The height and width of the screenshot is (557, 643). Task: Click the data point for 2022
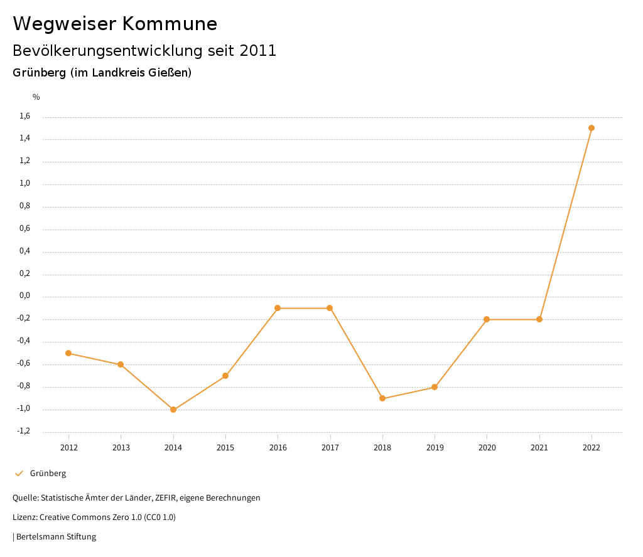point(592,128)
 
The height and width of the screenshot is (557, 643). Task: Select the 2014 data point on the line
point(173,410)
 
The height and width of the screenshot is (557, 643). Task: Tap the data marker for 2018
point(382,398)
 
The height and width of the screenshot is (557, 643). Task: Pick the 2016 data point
point(278,308)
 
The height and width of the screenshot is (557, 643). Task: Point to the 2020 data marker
point(487,319)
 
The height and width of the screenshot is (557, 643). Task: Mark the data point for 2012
point(68,353)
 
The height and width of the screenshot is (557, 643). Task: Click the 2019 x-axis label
point(435,447)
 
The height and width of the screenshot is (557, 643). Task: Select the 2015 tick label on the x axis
point(225,447)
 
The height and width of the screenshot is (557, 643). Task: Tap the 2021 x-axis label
point(539,447)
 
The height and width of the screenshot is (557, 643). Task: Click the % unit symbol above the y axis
point(36,97)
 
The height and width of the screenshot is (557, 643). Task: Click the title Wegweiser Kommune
point(115,24)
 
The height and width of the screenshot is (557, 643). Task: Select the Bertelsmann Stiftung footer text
point(56,537)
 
